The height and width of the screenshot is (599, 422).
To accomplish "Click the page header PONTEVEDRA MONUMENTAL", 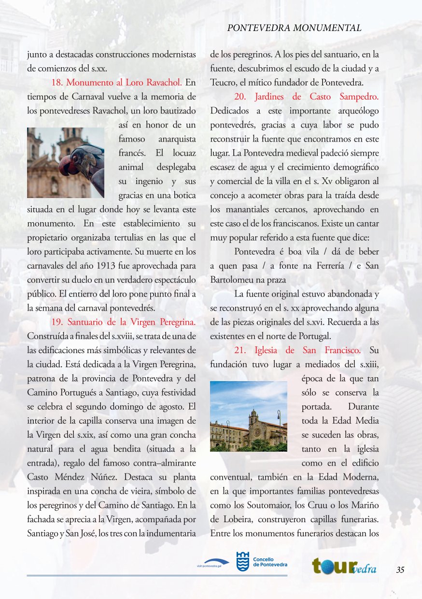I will [x=294, y=28].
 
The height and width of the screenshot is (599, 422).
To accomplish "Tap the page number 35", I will [x=400, y=570].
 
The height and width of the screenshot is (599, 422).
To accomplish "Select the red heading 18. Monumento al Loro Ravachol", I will [x=116, y=81].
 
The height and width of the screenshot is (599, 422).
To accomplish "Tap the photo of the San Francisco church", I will [x=249, y=416].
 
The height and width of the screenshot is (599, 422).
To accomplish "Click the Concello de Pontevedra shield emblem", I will [x=243, y=562].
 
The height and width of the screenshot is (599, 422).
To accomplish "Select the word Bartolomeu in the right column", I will [x=231, y=280].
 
